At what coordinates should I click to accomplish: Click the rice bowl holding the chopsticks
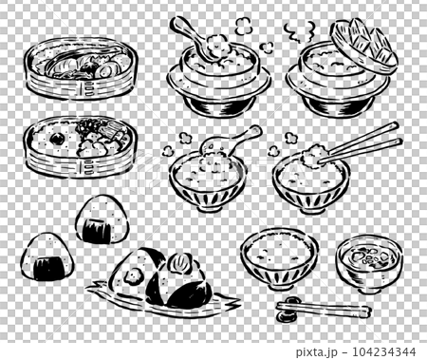point(310,178)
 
